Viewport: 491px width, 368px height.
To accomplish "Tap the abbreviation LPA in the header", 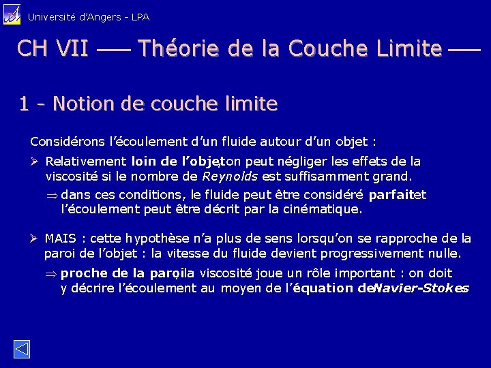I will click(x=139, y=16).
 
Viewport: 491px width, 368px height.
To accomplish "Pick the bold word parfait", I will click(x=391, y=195).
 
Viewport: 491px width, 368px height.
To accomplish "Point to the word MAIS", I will click(x=60, y=239).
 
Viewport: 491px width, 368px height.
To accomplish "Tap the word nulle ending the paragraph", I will click(x=445, y=254).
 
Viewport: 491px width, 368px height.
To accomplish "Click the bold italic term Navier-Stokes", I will click(x=421, y=288).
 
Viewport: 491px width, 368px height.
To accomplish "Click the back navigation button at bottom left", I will click(x=21, y=349).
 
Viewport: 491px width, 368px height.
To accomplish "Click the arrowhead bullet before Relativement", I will click(x=35, y=162).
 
